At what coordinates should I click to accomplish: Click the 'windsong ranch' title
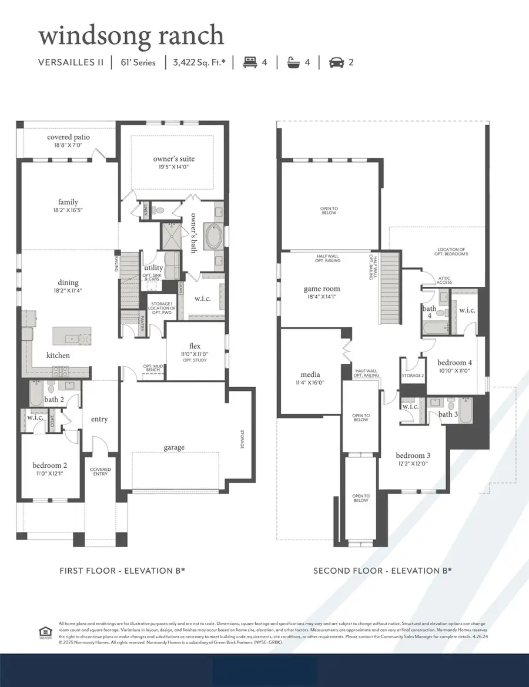(131, 35)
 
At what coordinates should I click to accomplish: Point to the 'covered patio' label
(68, 138)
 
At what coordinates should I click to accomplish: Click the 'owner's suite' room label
(174, 159)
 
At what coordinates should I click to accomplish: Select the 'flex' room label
(195, 346)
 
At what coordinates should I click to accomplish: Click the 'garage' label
(174, 447)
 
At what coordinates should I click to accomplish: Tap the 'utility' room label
(153, 268)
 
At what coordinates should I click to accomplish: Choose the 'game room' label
(322, 289)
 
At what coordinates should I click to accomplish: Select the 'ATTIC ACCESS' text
(444, 280)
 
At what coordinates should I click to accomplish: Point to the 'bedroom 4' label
(455, 363)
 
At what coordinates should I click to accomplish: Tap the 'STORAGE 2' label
(413, 376)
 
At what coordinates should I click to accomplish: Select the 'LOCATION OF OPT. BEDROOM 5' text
(451, 252)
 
